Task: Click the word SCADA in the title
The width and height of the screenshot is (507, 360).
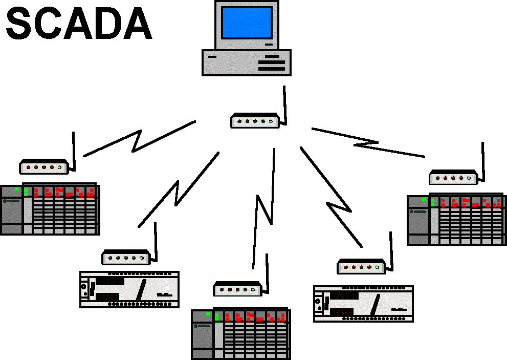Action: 79,25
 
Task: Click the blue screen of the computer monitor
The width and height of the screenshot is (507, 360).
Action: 247,23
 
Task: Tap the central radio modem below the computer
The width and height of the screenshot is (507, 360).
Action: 254,121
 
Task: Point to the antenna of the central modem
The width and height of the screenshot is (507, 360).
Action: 284,105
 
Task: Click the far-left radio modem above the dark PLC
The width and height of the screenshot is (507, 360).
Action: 44,167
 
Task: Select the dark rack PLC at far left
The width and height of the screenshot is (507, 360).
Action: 50,209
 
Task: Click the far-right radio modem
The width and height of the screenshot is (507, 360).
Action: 453,178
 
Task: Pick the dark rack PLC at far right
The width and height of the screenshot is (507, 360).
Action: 456,220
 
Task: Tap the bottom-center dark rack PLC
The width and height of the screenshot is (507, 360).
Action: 240,334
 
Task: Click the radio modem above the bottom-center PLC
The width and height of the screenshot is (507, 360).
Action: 237,289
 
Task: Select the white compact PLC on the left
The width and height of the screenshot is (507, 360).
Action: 129,289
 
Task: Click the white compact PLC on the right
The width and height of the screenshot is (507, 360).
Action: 363,304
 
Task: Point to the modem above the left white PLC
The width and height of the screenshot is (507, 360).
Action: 125,258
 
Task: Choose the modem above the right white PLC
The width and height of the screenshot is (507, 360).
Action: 361,266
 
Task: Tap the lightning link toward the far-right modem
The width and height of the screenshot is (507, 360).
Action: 368,142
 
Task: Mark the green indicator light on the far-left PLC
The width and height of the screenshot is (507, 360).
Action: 17,189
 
